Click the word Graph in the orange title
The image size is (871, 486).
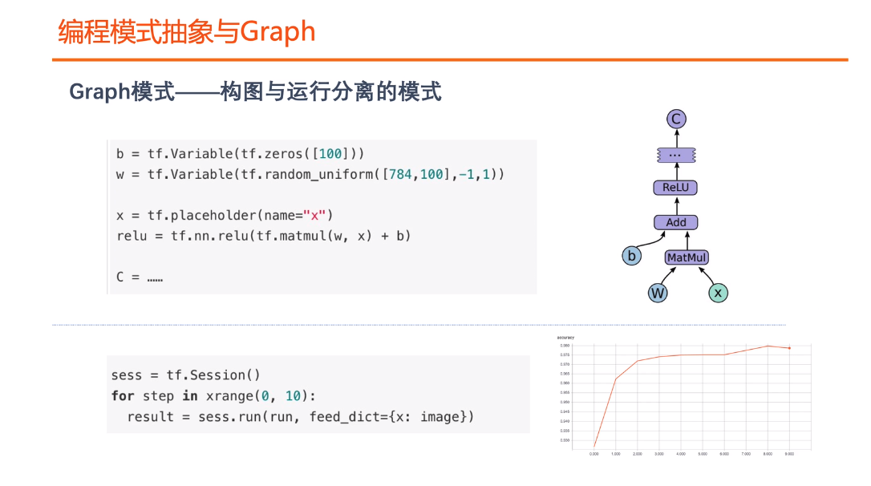click(278, 32)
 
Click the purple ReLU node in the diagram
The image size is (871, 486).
click(675, 188)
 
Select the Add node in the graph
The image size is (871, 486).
click(675, 222)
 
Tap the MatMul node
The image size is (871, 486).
click(687, 257)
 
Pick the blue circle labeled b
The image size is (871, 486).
click(632, 257)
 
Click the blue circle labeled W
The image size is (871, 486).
click(658, 293)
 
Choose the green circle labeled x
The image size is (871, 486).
click(718, 293)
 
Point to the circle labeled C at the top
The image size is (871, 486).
click(676, 119)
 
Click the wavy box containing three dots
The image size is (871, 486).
click(675, 153)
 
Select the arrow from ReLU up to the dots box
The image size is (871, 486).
click(676, 171)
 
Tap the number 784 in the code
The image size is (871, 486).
click(400, 174)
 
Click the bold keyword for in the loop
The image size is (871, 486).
click(123, 396)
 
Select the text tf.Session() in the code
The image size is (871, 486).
click(213, 375)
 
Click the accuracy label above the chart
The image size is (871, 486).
click(565, 338)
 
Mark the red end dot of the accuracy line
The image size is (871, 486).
click(789, 348)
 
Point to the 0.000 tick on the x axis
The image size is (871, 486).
click(593, 454)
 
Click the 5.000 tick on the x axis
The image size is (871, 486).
click(703, 454)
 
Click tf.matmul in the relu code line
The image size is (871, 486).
click(287, 236)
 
